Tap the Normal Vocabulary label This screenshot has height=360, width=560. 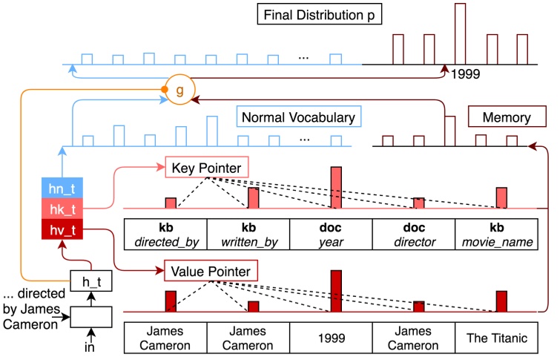click(x=297, y=117)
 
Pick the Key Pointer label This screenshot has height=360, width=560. click(x=207, y=168)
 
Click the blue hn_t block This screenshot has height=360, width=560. click(x=63, y=189)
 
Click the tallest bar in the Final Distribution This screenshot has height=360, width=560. click(x=460, y=33)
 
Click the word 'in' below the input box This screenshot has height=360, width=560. click(x=90, y=346)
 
